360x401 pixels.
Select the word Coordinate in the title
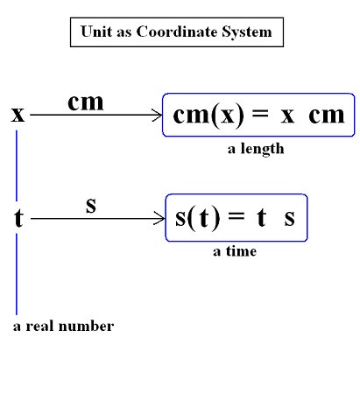[x=177, y=32]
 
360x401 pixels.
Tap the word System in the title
[x=247, y=32]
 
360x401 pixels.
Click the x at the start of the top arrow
[x=18, y=115]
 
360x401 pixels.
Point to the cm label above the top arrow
[x=86, y=102]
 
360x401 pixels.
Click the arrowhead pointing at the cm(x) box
[x=157, y=115]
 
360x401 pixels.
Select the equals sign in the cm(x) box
[x=260, y=113]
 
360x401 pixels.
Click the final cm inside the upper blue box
[x=327, y=116]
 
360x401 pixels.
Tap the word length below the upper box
[x=262, y=149]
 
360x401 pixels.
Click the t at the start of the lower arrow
[x=18, y=218]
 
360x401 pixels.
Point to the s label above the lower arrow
[x=91, y=205]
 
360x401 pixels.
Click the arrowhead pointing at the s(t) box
[x=159, y=218]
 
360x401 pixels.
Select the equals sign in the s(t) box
[x=236, y=216]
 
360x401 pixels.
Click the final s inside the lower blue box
[x=289, y=218]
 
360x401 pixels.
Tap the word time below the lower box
[x=241, y=251]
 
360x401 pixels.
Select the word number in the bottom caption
[x=86, y=326]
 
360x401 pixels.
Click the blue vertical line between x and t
[x=17, y=165]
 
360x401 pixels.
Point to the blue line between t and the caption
[x=17, y=274]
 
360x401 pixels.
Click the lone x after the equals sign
[x=287, y=116]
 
